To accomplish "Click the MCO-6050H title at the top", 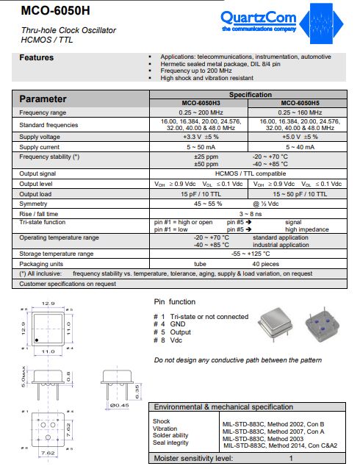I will pyautogui.click(x=46, y=11).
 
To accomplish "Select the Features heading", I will pyautogui.click(x=36, y=57).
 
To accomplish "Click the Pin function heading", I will pyautogui.click(x=175, y=301).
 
